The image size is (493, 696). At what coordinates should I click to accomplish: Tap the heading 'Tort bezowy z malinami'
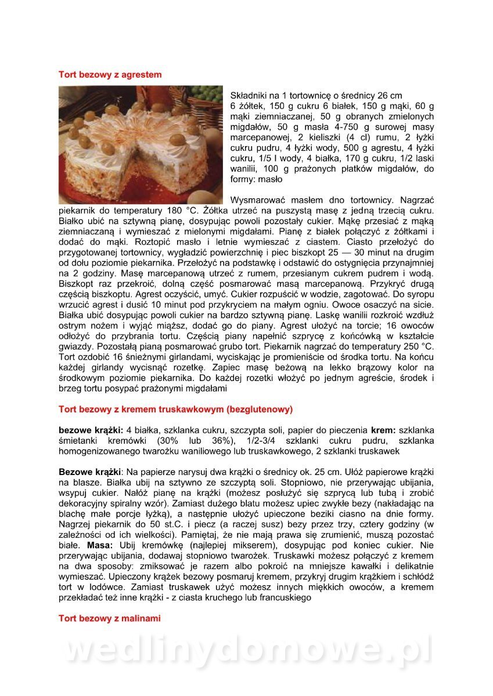pos(109,618)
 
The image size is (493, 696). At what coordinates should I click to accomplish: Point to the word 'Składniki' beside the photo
pos(248,95)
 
